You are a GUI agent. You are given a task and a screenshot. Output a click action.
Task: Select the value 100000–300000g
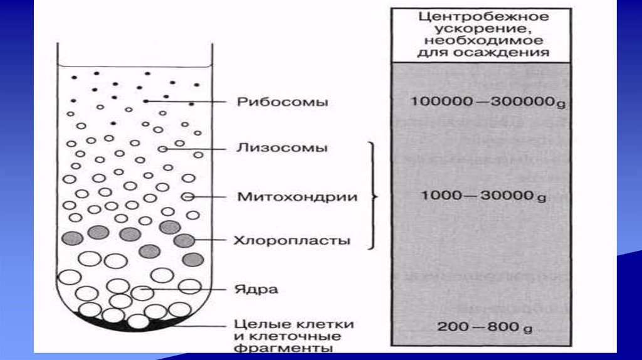coord(488,102)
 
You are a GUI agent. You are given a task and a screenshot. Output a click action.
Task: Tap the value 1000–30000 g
coord(483,197)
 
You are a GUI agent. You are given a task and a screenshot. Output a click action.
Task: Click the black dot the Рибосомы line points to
coord(145,101)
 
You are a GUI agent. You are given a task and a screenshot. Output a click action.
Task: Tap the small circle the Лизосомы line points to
coord(162,149)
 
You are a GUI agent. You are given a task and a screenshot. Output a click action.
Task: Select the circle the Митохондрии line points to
coord(187,197)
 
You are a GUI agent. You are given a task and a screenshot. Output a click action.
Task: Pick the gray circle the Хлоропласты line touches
coord(184,240)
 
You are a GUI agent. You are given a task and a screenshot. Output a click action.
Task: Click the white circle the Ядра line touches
coord(141,292)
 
